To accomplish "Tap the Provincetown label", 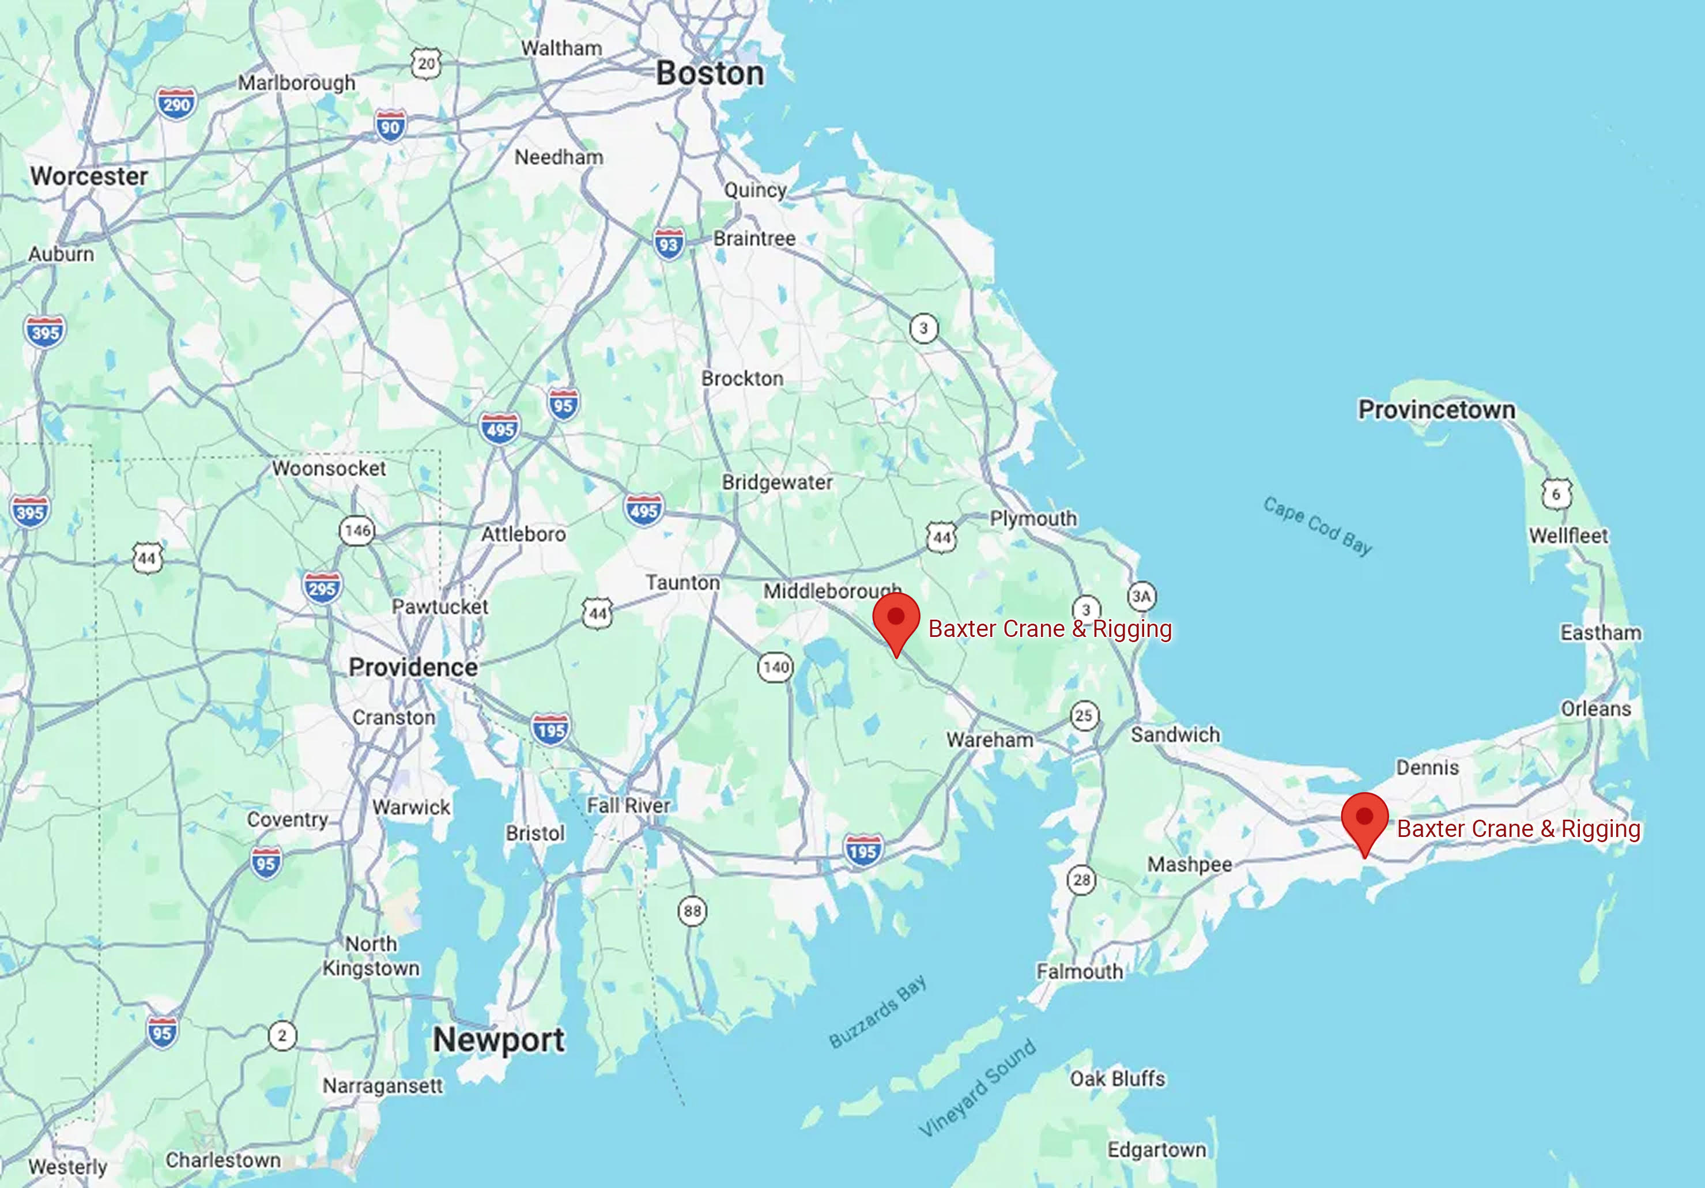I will (1436, 409).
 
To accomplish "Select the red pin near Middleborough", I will (896, 621).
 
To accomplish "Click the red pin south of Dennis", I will (1364, 820).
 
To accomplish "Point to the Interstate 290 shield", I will (177, 104).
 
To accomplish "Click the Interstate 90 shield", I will (391, 127).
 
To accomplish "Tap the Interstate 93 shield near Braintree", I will (668, 244).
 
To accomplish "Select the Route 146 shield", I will (357, 530).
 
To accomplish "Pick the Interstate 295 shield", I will (322, 589).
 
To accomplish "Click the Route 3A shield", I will (1141, 595).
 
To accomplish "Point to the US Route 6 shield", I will (1556, 494).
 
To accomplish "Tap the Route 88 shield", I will (692, 911).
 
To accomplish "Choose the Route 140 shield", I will (775, 667).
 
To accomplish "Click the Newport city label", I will (499, 1039).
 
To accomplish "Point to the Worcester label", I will (89, 176).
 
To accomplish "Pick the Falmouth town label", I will (1080, 971).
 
